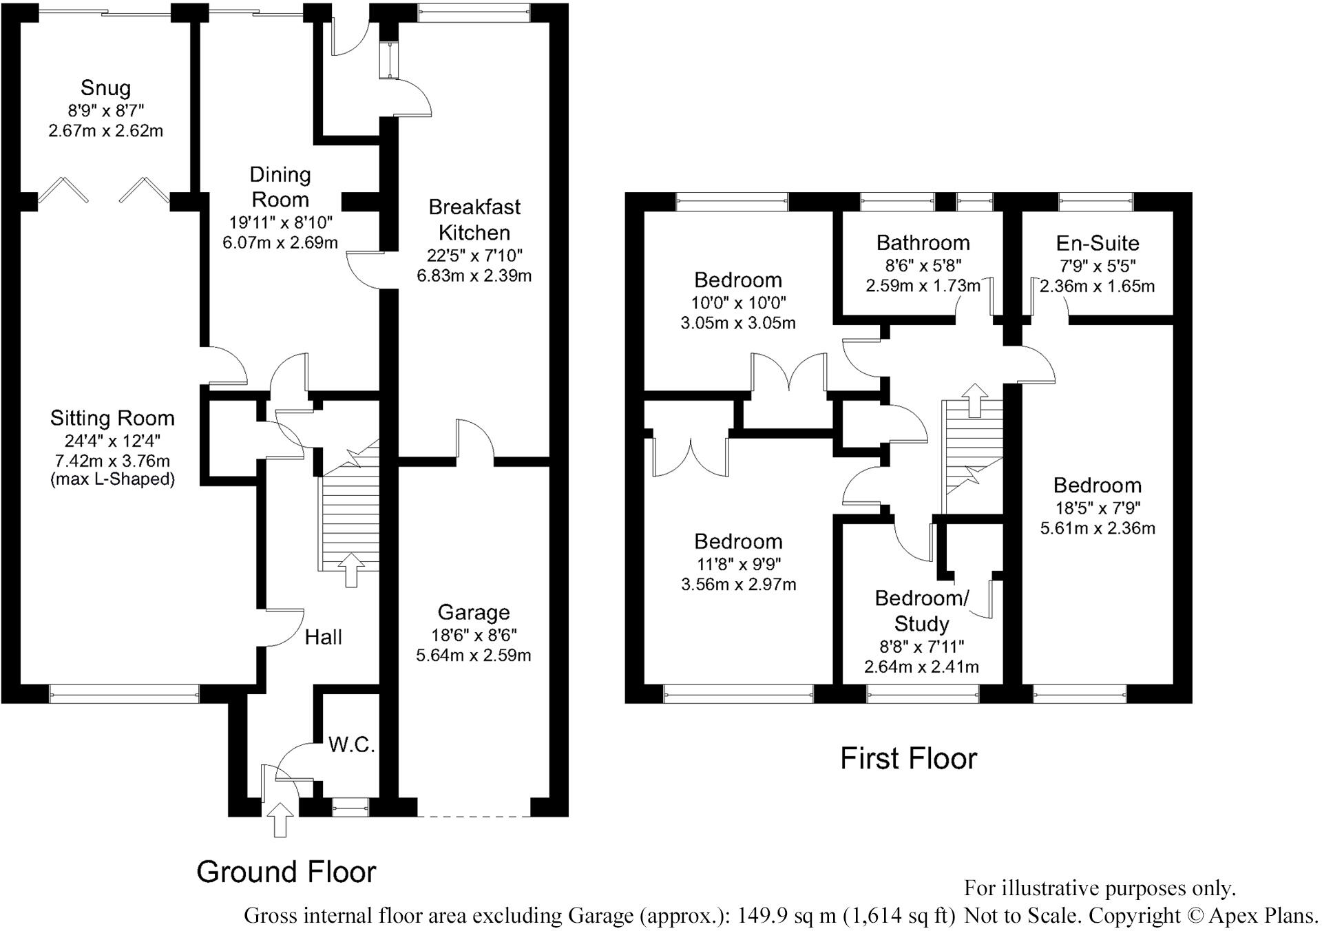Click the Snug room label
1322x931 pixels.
105,87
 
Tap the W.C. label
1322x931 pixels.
351,744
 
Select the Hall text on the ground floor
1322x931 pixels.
324,637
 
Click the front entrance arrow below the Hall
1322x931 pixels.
280,819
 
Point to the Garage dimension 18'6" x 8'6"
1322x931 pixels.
474,635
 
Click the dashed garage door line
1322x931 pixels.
474,817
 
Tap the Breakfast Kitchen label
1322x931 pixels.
474,220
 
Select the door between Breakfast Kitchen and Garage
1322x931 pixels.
475,441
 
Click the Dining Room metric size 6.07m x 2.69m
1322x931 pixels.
280,242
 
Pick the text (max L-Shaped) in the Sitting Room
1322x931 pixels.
112,479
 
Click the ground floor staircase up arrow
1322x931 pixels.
351,569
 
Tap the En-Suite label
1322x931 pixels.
1098,243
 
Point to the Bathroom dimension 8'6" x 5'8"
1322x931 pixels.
923,265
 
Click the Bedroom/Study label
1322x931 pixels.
921,611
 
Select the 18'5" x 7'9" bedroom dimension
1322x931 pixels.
1098,508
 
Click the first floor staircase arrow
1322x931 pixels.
974,400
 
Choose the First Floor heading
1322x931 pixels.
908,759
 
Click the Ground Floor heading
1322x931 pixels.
286,872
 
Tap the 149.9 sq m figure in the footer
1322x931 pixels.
786,916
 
